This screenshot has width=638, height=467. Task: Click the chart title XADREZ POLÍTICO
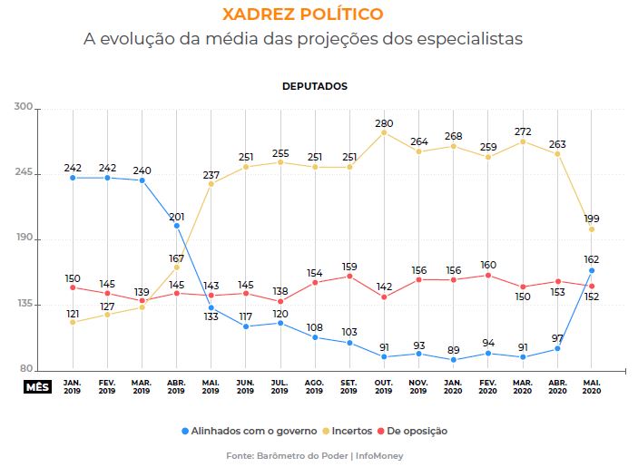[x=315, y=15]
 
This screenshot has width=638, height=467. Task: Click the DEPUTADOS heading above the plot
[x=314, y=86]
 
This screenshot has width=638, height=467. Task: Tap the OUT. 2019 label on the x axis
[x=383, y=385]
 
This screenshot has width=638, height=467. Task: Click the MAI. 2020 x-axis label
[x=592, y=385]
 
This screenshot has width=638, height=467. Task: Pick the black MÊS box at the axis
[x=38, y=385]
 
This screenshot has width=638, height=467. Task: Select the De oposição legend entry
[x=414, y=431]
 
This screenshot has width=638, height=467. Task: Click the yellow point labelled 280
[x=384, y=132]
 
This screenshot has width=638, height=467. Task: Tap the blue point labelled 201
[x=177, y=226]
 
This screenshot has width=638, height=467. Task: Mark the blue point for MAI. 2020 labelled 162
[x=592, y=270]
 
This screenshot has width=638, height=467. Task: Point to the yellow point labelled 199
[x=592, y=229]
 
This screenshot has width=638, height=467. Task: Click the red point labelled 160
[x=488, y=275]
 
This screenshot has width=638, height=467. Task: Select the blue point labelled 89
[x=454, y=360]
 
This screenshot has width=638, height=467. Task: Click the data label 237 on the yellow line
[x=211, y=174]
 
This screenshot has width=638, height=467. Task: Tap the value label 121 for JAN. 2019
[x=73, y=313]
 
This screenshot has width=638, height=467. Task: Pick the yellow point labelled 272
[x=523, y=141]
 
